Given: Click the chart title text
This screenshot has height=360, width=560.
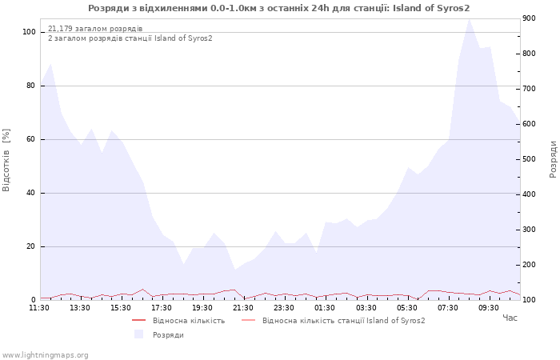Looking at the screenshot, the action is coord(279,8).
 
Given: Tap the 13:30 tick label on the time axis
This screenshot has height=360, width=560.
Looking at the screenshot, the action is coord(80,308).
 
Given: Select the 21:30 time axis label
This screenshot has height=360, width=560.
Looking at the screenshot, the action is coord(243,308).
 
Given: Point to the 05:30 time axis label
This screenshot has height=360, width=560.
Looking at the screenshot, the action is coord(406,308).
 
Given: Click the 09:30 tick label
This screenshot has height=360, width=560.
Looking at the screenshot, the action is coord(489,308).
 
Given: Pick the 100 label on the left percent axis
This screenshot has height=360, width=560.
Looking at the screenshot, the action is coord(29,32).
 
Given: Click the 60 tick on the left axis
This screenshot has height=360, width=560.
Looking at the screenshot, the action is coord(31,139).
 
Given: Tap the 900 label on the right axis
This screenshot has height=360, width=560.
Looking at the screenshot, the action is coord(529,18).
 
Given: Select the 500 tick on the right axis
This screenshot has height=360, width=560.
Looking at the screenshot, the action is coord(529,159).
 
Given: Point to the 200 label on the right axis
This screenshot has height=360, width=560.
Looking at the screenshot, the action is coord(529,265).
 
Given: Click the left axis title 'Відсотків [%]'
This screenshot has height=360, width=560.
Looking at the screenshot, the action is coord(6,160).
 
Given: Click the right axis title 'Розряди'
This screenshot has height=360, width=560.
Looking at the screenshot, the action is coord(553,159).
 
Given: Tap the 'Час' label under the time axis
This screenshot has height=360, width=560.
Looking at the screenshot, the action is coord(510,318).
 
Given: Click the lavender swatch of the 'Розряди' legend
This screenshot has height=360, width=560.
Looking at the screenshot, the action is coord(138,334).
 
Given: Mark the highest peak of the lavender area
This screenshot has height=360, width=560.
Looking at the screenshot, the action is coord(470,19).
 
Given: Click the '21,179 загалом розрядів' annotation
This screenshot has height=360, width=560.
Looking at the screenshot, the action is coord(95,29).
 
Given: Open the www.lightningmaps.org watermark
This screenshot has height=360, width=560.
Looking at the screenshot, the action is coord(45,355).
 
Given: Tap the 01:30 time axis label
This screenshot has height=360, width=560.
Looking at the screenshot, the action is coord(325,308).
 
